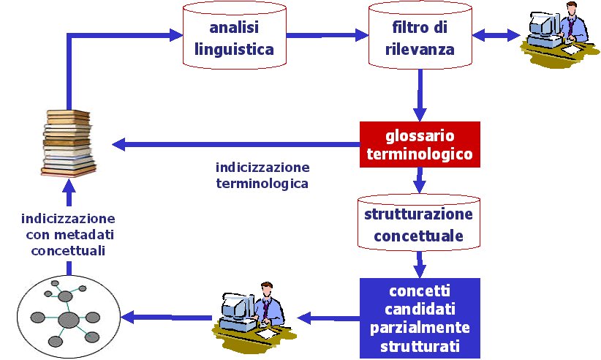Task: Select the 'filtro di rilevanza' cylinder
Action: pyautogui.click(x=420, y=38)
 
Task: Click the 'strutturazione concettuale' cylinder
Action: pyautogui.click(x=418, y=225)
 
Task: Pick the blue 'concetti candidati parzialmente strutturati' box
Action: pyautogui.click(x=419, y=315)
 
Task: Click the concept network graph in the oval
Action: pyautogui.click(x=67, y=317)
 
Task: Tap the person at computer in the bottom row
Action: pyautogui.click(x=252, y=314)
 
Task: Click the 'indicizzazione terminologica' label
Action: pyautogui.click(x=262, y=175)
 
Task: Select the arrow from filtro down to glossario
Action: pyautogui.click(x=420, y=94)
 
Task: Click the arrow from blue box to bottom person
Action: pyautogui.click(x=328, y=318)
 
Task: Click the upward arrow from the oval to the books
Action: pyautogui.click(x=68, y=195)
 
